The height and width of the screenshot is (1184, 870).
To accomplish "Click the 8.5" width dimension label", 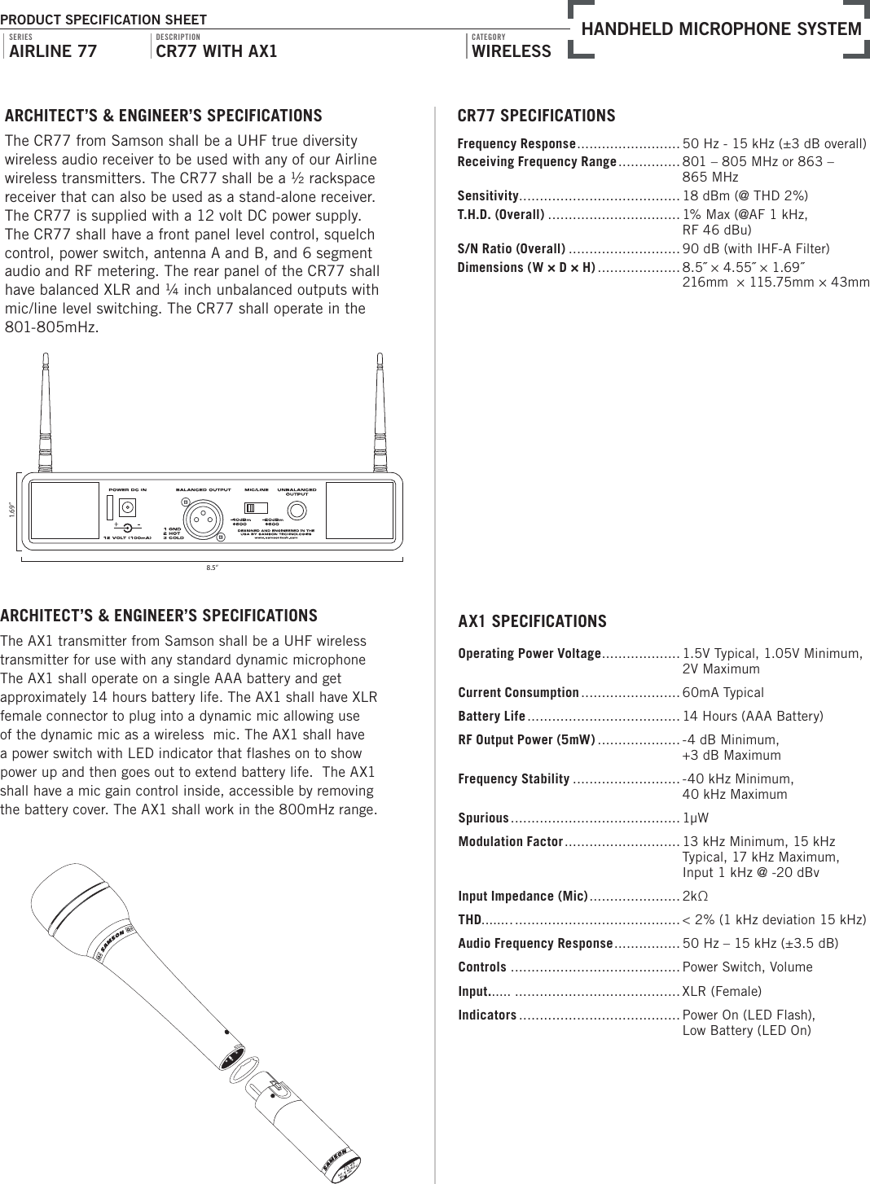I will click(x=212, y=568).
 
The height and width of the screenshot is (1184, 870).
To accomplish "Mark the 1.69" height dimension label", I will click(x=12, y=511).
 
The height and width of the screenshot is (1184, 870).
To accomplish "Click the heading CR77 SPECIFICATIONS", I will click(x=536, y=116).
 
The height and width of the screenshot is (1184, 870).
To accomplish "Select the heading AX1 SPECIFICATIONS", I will click(x=532, y=622).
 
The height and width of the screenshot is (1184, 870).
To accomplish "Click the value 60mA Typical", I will click(x=723, y=693).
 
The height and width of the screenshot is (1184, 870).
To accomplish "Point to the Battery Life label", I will click(x=491, y=717).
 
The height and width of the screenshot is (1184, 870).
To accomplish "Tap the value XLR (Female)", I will click(x=721, y=991).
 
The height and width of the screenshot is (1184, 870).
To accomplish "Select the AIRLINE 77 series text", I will click(x=52, y=52).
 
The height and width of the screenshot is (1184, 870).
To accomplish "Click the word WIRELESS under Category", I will click(x=512, y=52).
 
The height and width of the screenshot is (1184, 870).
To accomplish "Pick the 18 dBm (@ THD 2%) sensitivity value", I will click(x=745, y=196).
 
